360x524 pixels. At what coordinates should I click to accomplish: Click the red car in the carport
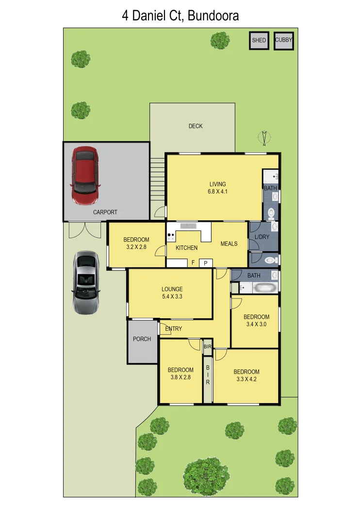pos(85,176)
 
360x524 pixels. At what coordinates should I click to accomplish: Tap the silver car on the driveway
pos(86,282)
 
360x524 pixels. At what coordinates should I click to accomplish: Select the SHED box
pos(259,41)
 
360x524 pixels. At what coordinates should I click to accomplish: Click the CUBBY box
pos(284,41)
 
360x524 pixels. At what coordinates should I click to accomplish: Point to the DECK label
pos(196,126)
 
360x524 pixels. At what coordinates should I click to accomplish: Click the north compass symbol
pos(264,139)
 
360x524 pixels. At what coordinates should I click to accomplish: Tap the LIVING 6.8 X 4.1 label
pos(218,188)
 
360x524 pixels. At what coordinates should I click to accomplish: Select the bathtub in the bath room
pos(265,288)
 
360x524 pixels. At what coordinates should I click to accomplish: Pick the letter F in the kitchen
pos(193,263)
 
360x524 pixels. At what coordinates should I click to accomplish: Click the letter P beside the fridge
pos(205,263)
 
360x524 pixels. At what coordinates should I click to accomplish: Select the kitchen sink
pos(188,226)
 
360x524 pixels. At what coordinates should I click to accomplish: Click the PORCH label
pos(142,339)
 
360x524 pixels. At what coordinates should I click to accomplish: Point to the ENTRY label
pos(174,329)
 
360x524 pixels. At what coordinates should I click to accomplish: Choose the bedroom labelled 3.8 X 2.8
pos(181,374)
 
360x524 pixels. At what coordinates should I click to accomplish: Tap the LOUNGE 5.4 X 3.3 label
pos(172,293)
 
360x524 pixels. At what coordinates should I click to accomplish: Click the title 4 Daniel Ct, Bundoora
pos(180,16)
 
